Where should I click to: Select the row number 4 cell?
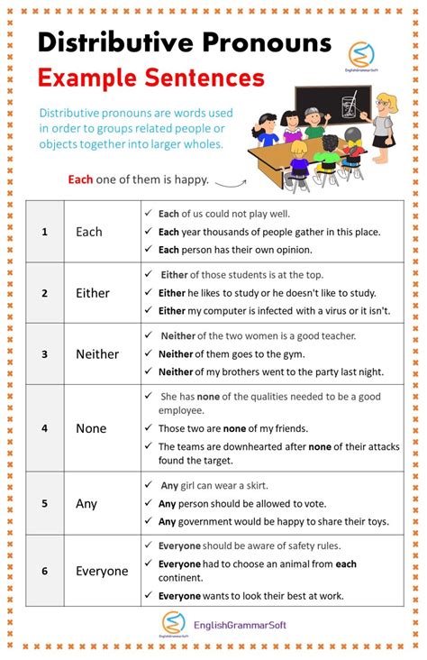click(x=44, y=428)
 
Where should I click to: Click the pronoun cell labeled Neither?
click(x=97, y=354)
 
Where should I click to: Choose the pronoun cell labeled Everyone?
click(x=102, y=571)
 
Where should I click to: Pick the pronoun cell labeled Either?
click(x=93, y=293)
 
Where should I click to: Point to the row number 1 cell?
click(x=44, y=232)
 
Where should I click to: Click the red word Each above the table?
click(x=80, y=179)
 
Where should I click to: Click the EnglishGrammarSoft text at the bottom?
click(x=241, y=624)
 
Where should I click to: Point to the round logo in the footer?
click(x=172, y=622)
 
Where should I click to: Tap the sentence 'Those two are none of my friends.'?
click(x=232, y=428)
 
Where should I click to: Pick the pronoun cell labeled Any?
click(x=86, y=503)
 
